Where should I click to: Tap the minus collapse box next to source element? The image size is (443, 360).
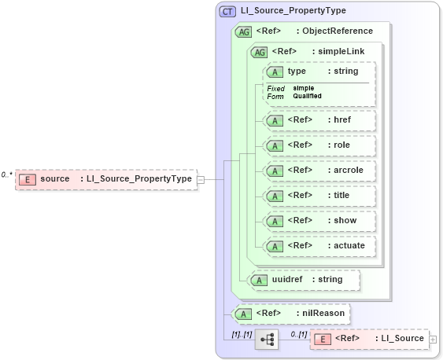click(201, 179)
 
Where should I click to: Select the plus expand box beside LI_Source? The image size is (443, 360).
click(433, 339)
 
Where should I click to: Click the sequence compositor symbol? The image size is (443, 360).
click(267, 340)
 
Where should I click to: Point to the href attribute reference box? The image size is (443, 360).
click(319, 120)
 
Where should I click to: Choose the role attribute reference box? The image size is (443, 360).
click(319, 145)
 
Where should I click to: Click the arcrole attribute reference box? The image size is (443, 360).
click(319, 171)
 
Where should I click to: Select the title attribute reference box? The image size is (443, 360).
click(319, 196)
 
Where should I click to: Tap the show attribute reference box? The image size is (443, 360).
click(319, 221)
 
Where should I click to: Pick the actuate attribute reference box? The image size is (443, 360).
click(319, 246)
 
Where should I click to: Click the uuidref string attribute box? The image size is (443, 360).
click(303, 279)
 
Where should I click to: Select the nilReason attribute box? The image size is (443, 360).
click(292, 314)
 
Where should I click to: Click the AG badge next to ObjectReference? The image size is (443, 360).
click(243, 31)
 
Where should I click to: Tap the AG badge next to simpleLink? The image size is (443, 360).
click(258, 52)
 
